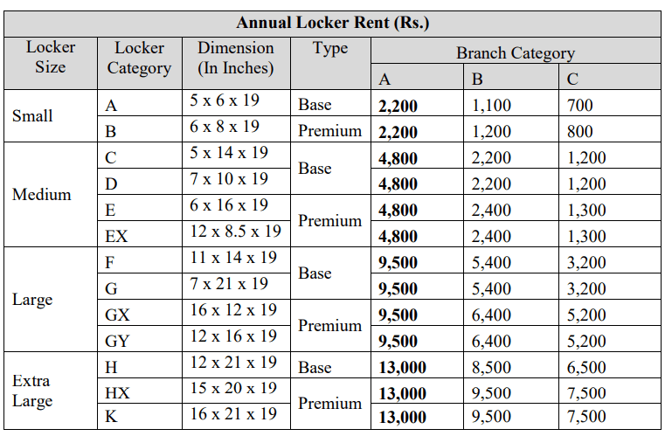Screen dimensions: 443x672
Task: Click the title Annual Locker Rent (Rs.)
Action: point(332,23)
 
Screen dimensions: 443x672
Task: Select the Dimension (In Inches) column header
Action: point(235,58)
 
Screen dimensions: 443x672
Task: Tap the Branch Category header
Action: point(515,53)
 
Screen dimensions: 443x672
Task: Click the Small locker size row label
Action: point(32,115)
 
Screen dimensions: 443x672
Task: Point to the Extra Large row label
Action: point(32,391)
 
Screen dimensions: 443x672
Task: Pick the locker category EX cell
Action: point(116,236)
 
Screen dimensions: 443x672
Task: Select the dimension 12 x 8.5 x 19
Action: point(235,232)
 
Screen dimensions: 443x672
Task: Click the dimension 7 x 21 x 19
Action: point(229,284)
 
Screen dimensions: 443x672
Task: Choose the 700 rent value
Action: point(579,106)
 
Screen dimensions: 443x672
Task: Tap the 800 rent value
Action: point(579,132)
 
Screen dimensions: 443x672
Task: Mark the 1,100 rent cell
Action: point(491,106)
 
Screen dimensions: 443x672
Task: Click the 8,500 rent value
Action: point(491,368)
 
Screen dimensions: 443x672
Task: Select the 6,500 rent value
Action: point(586,368)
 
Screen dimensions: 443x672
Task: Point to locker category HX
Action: point(117,393)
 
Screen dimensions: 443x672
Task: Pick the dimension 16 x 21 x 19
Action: point(233,414)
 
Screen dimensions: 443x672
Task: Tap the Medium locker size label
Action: point(41,194)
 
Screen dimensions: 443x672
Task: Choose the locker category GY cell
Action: point(117,341)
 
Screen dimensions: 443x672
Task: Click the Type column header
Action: point(329,49)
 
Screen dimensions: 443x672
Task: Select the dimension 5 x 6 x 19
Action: point(225,100)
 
